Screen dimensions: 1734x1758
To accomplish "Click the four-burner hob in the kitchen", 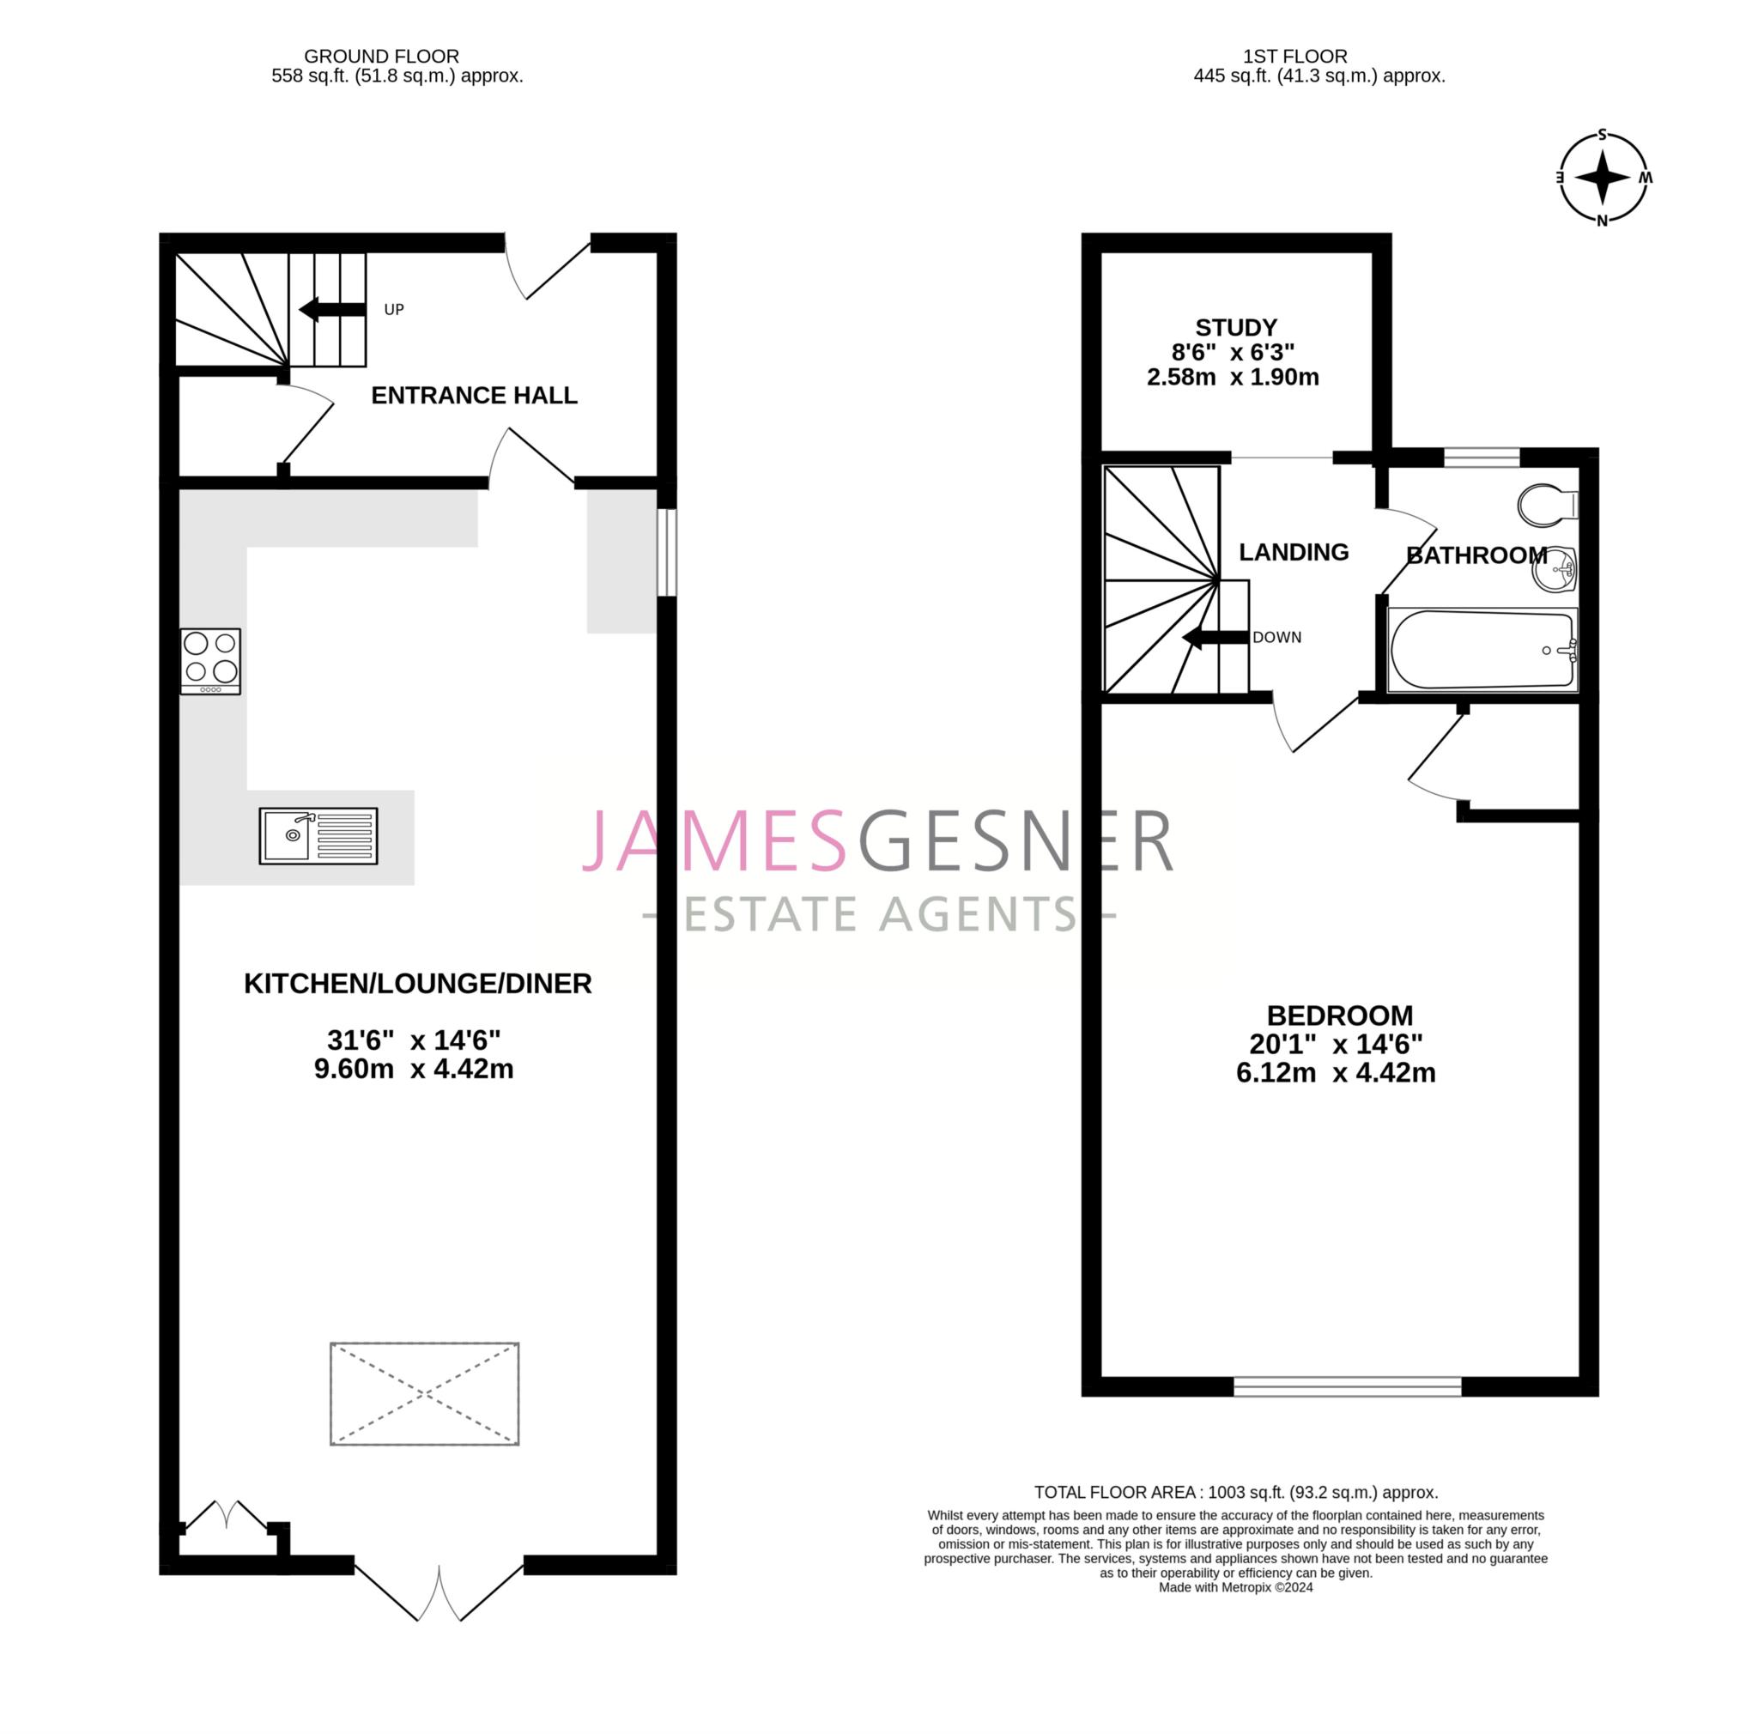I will coord(210,661).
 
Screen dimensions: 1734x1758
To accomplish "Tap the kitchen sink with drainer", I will coord(318,835).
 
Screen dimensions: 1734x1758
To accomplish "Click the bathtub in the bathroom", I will coord(1482,650).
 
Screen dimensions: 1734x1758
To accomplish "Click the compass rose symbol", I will coord(1603,178).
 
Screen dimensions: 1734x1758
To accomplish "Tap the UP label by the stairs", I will coord(393,309).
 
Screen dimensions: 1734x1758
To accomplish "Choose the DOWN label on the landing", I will coord(1276,638).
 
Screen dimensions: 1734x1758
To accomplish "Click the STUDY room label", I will coord(1236,328).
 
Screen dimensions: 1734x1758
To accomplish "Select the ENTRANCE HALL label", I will coord(474,395).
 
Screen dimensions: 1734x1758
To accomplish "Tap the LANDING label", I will coord(1293,552).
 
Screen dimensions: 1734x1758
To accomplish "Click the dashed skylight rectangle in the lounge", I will coord(424,1393).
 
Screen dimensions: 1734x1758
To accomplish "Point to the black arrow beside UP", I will coord(332,309).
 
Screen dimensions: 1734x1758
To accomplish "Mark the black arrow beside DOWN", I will coord(1215,639).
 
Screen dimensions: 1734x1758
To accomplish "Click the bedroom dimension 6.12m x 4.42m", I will coord(1335,1074).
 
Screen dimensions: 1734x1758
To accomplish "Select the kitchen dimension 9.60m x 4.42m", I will coord(414,1069).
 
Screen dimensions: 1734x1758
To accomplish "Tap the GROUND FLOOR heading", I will coord(381,57).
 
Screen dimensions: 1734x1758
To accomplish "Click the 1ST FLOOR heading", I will coord(1294,57).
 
